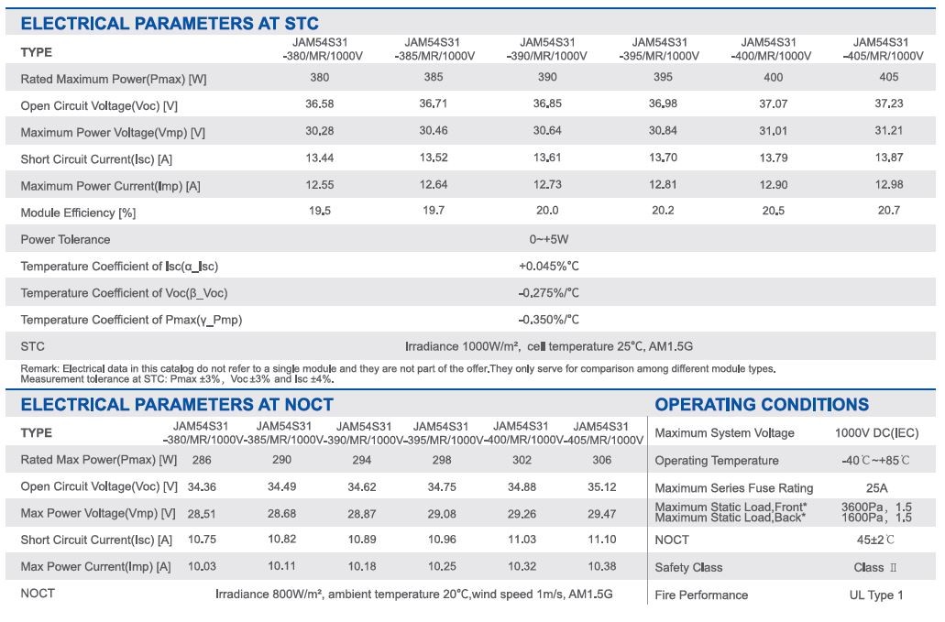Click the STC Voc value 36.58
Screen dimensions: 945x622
tap(319, 104)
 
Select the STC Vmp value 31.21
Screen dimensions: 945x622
tap(889, 130)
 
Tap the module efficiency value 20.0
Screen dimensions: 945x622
tap(547, 210)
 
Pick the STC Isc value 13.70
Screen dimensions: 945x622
tap(663, 158)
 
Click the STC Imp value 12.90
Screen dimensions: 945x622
tap(774, 184)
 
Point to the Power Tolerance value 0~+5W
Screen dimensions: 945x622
tap(549, 239)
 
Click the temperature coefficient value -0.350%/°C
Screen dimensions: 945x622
tap(548, 319)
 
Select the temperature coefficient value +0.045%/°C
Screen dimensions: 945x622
tap(548, 266)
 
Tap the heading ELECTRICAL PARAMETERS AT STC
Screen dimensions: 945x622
tap(170, 24)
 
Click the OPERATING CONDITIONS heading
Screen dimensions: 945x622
tap(762, 404)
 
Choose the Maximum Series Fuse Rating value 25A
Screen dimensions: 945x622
tap(877, 487)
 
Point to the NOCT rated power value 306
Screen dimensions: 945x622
tap(602, 460)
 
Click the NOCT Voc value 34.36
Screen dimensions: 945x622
tap(202, 486)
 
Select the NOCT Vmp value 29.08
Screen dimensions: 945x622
tap(442, 514)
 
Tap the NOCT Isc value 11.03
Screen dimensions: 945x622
tap(522, 539)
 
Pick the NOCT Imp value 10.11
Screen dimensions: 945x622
tap(282, 565)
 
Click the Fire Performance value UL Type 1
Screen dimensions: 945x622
tap(876, 595)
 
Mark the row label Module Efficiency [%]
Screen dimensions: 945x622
tap(78, 213)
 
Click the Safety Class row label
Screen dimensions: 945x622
tap(688, 567)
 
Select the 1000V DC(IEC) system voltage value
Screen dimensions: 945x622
tap(877, 433)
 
